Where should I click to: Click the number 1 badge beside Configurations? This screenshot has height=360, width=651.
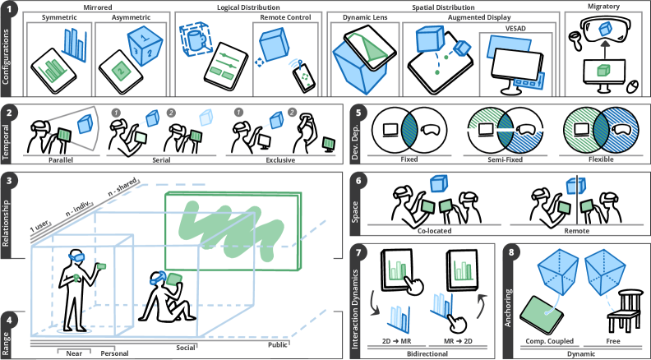coord(10,9)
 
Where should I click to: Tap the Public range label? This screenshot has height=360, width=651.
coord(280,344)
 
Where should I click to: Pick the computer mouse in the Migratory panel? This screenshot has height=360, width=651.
coord(632,85)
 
